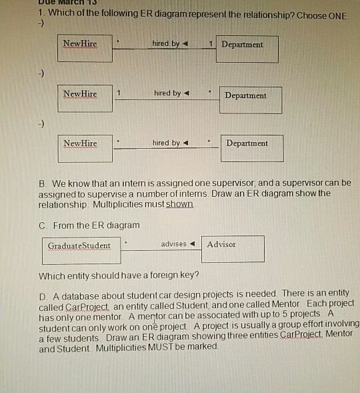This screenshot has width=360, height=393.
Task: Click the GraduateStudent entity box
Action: (80, 249)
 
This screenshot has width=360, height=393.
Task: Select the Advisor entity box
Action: (233, 248)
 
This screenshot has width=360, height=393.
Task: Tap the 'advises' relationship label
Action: (174, 244)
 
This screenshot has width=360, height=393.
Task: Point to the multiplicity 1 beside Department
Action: (211, 44)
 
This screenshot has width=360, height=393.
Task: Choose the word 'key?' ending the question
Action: (187, 275)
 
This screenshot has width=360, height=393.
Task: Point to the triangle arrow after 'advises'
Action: (193, 244)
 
